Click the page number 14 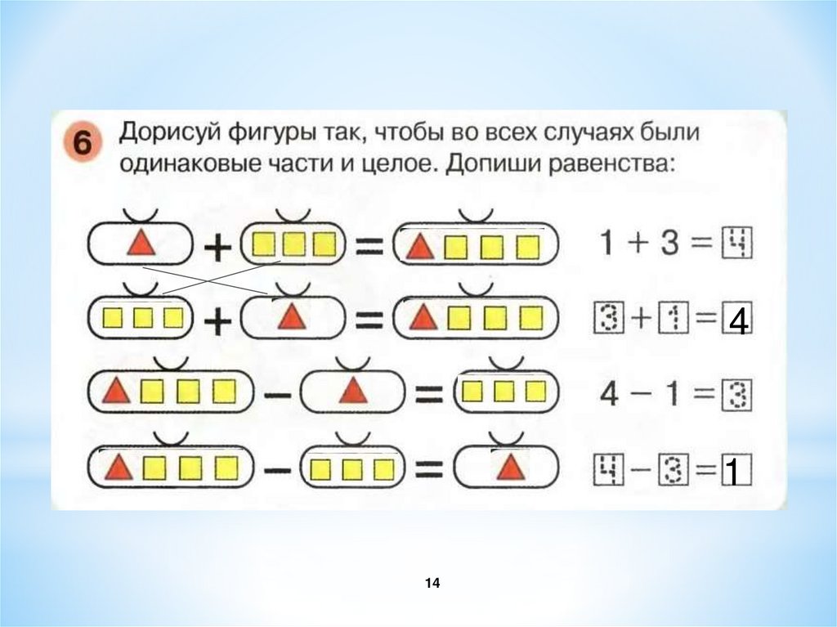(x=432, y=583)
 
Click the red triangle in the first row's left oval (x=141, y=244)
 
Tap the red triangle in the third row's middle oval (x=352, y=392)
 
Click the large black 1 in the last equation (x=733, y=472)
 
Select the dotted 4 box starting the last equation (x=607, y=472)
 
